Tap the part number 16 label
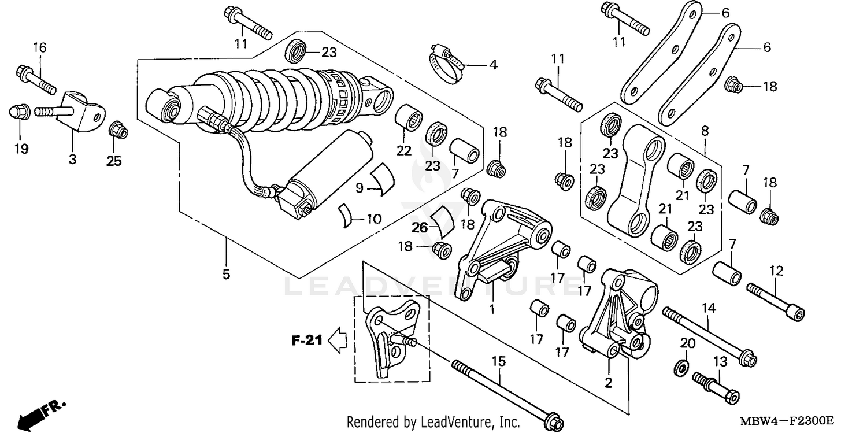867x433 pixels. (x=39, y=47)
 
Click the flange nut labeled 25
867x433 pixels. (x=118, y=129)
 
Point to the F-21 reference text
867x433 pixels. (x=306, y=341)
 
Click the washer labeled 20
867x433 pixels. (x=681, y=366)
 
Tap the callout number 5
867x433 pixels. (x=226, y=274)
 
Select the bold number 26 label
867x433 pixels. (x=420, y=227)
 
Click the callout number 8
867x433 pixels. (x=704, y=131)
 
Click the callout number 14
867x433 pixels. (x=709, y=308)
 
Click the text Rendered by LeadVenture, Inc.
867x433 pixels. (x=433, y=421)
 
